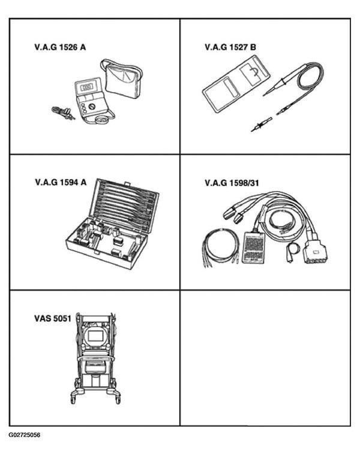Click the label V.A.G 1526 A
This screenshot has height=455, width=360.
click(60, 47)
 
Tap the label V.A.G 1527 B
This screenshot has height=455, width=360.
click(230, 47)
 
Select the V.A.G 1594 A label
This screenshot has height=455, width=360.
click(61, 182)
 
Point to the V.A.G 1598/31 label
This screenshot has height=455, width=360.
click(232, 183)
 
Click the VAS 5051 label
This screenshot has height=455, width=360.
click(53, 318)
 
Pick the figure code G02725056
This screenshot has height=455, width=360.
click(25, 435)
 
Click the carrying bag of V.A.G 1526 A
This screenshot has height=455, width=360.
click(122, 79)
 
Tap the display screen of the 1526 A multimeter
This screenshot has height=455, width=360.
click(86, 87)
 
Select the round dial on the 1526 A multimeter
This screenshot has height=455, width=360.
click(92, 107)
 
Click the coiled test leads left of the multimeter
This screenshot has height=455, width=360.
click(63, 113)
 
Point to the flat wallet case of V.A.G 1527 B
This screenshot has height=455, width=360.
click(236, 83)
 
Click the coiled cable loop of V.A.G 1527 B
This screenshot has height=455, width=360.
click(311, 76)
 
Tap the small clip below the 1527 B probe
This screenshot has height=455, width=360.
click(261, 124)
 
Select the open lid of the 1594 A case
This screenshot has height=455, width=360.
click(124, 206)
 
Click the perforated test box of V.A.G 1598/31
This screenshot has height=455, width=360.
click(254, 248)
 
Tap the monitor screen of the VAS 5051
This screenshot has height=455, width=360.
click(94, 336)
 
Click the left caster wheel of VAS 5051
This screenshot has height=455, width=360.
click(73, 397)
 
